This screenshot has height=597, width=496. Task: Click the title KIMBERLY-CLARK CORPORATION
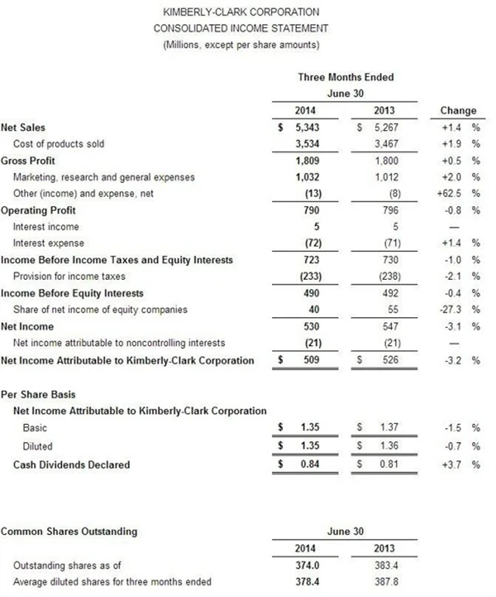241,12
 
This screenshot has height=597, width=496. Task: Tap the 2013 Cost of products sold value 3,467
384,144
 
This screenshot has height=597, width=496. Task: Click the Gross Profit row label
29,160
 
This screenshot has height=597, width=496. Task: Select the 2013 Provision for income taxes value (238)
385,277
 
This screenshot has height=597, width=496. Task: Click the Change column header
458,111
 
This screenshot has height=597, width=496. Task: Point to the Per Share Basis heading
38,395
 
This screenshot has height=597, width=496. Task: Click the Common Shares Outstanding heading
69,532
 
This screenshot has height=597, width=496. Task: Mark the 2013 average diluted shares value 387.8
384,582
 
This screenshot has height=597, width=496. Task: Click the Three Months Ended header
346,77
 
